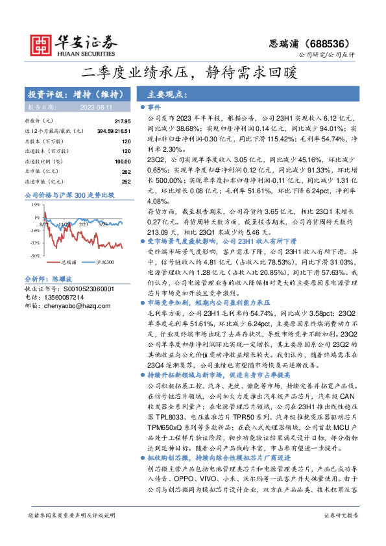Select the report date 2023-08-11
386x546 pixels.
tap(96, 107)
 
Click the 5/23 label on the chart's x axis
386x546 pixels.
tap(103, 224)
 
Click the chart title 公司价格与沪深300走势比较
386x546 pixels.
tap(69, 194)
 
